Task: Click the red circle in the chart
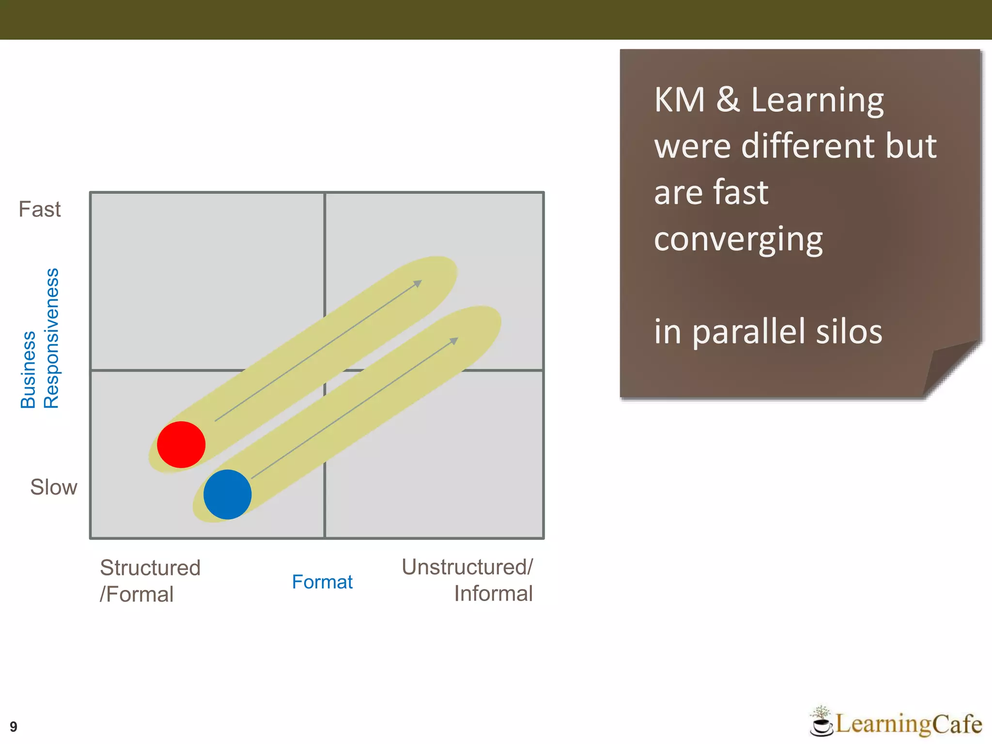[181, 444]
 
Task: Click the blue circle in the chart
[227, 494]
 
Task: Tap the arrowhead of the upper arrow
[418, 283]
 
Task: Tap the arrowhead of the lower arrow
[453, 341]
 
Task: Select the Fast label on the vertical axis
[40, 209]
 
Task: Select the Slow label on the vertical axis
[53, 487]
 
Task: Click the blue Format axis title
[322, 582]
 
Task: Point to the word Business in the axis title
[28, 370]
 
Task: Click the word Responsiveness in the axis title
[51, 338]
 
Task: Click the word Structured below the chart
[150, 568]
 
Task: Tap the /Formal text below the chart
[137, 594]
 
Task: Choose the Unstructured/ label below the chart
[467, 567]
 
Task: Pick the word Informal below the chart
[493, 593]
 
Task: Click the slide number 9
[14, 727]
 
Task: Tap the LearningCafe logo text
[908, 724]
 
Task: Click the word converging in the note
[738, 239]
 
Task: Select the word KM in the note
[679, 100]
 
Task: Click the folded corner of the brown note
[947, 368]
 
